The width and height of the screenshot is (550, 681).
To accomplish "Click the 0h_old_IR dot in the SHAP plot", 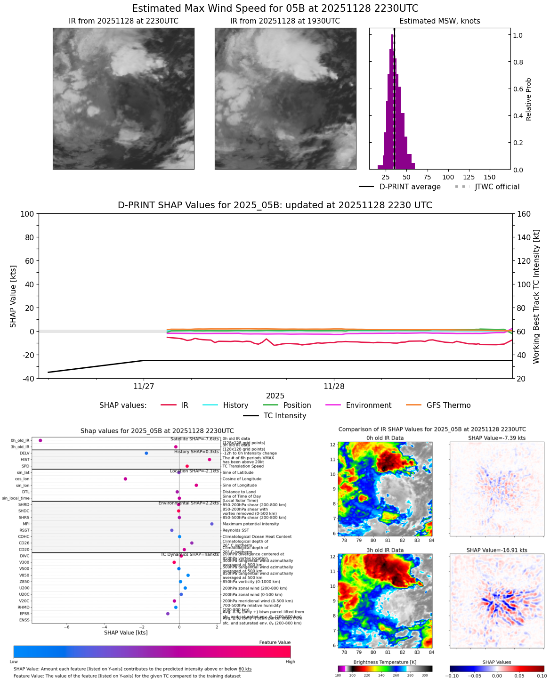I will tap(40, 440).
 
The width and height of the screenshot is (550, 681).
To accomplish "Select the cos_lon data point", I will tap(125, 479).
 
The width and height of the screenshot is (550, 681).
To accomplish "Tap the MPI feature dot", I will tap(212, 524).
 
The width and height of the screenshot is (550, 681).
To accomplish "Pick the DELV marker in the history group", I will tap(146, 453).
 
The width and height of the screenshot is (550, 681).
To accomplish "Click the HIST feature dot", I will tap(210, 460).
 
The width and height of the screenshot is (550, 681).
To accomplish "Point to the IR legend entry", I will tap(175, 405).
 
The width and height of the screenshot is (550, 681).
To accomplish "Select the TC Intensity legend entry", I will tap(275, 416).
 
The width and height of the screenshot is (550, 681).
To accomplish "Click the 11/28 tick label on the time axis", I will tap(334, 387).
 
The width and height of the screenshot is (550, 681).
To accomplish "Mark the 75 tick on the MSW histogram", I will tap(427, 177).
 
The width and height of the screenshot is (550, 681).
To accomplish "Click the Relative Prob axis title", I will tap(528, 99).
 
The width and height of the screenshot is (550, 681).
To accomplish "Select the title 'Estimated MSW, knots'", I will tap(439, 21).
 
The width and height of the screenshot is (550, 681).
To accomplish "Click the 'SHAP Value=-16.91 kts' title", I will tap(497, 550).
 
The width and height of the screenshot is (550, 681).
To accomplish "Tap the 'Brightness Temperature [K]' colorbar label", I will tap(385, 662).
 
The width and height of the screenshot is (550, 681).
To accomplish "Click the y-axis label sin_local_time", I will tap(16, 498).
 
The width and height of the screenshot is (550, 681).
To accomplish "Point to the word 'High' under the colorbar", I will tap(290, 662).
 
